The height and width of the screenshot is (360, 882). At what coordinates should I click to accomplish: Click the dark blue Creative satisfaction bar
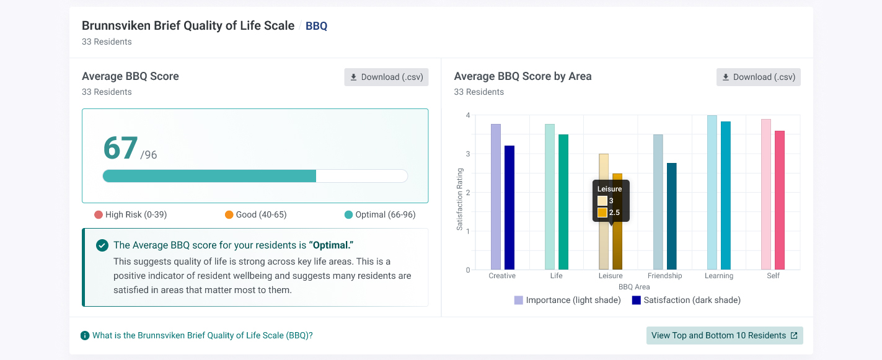[509, 208]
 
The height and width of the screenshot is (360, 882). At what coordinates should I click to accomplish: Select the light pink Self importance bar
[766, 195]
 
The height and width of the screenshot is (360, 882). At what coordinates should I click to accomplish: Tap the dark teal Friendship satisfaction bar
[672, 216]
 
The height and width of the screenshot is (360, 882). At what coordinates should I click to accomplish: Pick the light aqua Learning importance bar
[712, 193]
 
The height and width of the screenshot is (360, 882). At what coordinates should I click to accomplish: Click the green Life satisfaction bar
[563, 202]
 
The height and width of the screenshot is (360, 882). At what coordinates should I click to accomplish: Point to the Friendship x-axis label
[664, 276]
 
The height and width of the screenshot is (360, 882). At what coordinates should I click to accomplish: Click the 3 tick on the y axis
[468, 154]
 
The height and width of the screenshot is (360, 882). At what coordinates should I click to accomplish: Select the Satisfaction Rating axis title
[459, 199]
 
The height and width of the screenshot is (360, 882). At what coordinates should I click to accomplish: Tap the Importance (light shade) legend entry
[567, 300]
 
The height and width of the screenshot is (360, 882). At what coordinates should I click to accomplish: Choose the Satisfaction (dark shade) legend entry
[686, 300]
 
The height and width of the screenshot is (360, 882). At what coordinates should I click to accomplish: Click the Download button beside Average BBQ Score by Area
[759, 77]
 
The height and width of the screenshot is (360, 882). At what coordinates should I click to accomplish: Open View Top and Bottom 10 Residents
[725, 336]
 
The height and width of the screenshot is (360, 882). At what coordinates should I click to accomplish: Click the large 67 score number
[120, 148]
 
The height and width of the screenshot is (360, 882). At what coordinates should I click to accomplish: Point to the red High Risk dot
[99, 214]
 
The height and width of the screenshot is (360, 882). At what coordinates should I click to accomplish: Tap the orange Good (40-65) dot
[229, 214]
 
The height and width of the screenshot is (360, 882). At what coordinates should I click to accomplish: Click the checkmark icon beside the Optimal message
[102, 245]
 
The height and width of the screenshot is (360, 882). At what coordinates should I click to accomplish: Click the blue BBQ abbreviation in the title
[317, 26]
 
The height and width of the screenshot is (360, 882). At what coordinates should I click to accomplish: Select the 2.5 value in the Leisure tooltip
[614, 213]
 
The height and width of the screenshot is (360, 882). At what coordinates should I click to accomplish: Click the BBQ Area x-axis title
[634, 287]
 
